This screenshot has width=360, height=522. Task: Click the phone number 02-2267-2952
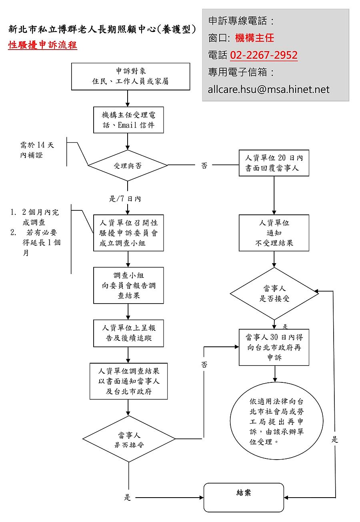(x=264, y=55)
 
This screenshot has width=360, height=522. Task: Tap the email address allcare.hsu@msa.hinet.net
(x=268, y=89)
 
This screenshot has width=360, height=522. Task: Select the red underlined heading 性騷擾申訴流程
(x=42, y=45)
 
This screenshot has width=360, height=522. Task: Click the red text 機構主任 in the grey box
(x=254, y=38)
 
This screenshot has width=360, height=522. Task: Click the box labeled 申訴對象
(x=130, y=76)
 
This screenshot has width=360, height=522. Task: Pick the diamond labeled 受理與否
(x=128, y=166)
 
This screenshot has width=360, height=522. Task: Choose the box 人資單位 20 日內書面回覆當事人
(x=274, y=163)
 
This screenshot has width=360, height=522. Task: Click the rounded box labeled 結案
(x=244, y=497)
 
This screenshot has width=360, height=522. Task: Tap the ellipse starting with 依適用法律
(x=276, y=421)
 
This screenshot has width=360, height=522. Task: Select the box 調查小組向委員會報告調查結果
(x=128, y=285)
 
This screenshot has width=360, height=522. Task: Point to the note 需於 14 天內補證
(x=37, y=150)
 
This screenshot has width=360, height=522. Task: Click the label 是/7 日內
(x=125, y=199)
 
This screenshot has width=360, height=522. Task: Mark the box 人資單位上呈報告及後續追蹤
(x=128, y=333)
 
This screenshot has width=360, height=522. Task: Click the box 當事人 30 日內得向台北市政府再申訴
(x=274, y=347)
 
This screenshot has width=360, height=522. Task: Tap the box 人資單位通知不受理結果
(x=274, y=233)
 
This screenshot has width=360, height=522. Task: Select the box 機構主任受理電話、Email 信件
(x=128, y=120)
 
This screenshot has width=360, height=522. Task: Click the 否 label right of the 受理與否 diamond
(x=204, y=166)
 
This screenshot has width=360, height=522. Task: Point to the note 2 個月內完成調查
(x=40, y=217)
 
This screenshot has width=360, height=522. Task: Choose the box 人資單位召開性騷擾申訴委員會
(x=128, y=233)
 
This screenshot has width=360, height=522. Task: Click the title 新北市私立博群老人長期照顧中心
(x=102, y=29)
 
